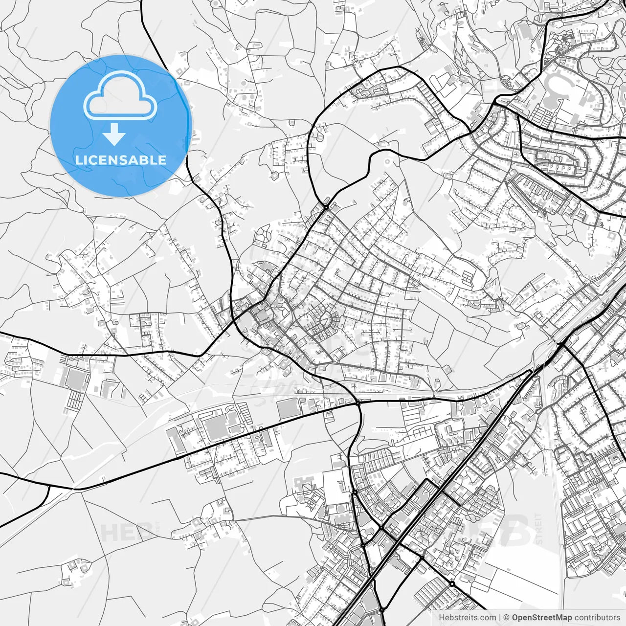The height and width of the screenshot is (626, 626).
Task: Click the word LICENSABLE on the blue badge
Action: (x=121, y=160)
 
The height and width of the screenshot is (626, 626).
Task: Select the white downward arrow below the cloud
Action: (x=114, y=134)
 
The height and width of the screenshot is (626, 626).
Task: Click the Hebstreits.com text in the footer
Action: (x=467, y=618)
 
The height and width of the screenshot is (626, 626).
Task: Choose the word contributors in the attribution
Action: (x=597, y=618)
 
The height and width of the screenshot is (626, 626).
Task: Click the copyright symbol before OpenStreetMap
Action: (x=507, y=618)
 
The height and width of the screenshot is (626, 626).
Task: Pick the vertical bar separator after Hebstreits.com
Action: (x=500, y=618)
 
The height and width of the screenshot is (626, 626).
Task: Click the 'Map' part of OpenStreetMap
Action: (x=564, y=618)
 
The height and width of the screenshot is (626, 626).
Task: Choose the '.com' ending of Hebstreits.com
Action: (x=488, y=618)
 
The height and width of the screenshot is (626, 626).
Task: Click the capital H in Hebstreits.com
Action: (x=441, y=618)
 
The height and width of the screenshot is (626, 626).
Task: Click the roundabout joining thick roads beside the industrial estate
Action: (x=358, y=402)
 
